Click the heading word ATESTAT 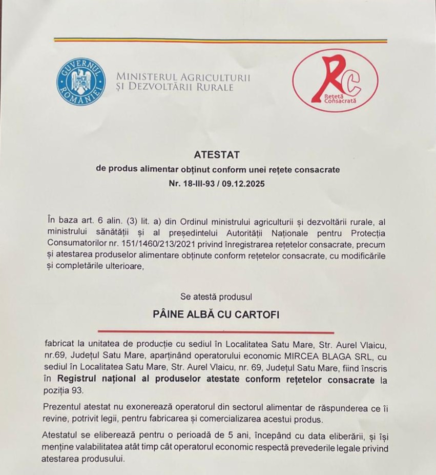[x=217, y=154]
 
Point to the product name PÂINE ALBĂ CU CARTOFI [x=217, y=314]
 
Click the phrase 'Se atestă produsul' [x=216, y=296]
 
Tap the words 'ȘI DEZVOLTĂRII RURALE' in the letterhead [x=175, y=88]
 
